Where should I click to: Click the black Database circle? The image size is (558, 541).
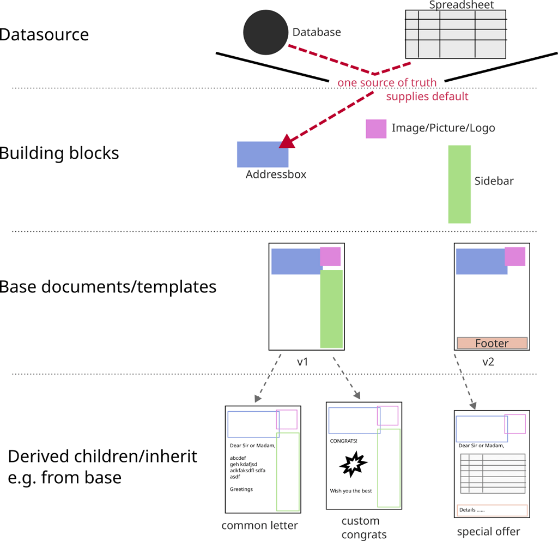pyautogui.click(x=265, y=33)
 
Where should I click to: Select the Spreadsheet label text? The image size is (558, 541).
pyautogui.click(x=461, y=5)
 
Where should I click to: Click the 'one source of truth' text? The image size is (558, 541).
pyautogui.click(x=387, y=83)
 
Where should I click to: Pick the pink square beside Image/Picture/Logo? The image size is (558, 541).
pyautogui.click(x=376, y=129)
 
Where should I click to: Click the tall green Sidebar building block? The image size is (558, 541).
pyautogui.click(x=459, y=184)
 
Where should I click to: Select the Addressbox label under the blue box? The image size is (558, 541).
pyautogui.click(x=276, y=175)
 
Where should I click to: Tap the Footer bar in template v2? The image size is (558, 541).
pyautogui.click(x=492, y=343)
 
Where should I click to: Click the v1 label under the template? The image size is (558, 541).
pyautogui.click(x=303, y=361)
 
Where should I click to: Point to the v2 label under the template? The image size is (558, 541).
pyautogui.click(x=488, y=361)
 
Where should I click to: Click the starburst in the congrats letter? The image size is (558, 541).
pyautogui.click(x=353, y=464)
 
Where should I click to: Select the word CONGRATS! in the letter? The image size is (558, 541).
pyautogui.click(x=343, y=441)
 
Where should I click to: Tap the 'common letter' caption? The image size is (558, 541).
pyautogui.click(x=259, y=526)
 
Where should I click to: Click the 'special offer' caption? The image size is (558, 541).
pyautogui.click(x=488, y=531)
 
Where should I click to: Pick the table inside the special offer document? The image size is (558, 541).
pyautogui.click(x=493, y=473)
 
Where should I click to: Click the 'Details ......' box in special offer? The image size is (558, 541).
pyautogui.click(x=492, y=510)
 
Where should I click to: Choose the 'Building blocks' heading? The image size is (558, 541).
pyautogui.click(x=59, y=153)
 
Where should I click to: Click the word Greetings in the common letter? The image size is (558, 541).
pyautogui.click(x=241, y=489)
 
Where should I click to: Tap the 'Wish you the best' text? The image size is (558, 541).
pyautogui.click(x=350, y=491)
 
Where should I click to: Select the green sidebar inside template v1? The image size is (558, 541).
pyautogui.click(x=331, y=309)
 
